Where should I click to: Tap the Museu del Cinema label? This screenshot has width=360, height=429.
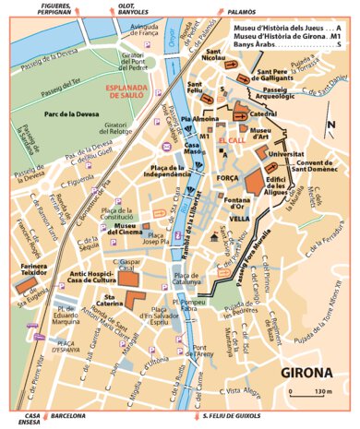tap(134, 229)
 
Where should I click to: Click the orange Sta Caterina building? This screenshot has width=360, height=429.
tap(136, 299)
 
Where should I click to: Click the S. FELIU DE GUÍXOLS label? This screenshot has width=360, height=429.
tap(234, 416)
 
